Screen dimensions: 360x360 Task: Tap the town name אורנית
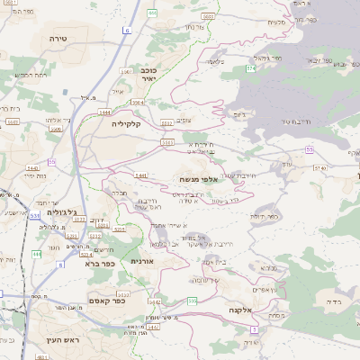[x=143, y=261]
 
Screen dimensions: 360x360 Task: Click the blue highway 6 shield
[x=127, y=31]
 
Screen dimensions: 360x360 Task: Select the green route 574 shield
[x=249, y=67]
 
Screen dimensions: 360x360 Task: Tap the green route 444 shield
[x=37, y=255]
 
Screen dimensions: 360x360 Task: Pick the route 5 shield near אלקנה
[x=255, y=330]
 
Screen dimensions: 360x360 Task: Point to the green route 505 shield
[x=192, y=300]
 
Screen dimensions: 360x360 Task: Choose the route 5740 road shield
[x=319, y=166]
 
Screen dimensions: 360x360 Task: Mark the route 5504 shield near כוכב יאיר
[x=138, y=103]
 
